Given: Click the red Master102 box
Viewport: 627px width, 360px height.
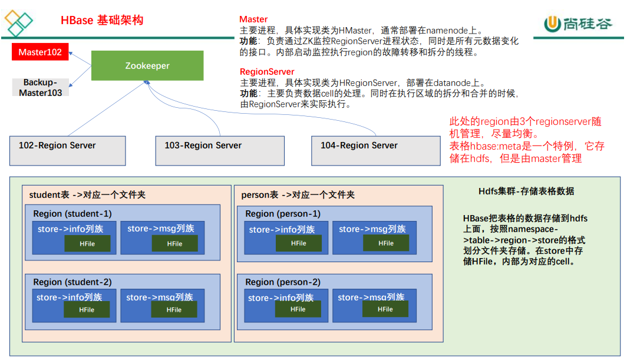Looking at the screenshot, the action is [x=40, y=52].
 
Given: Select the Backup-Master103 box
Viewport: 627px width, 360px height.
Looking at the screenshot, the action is [x=41, y=87].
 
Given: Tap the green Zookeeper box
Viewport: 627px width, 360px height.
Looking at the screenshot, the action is [x=147, y=65].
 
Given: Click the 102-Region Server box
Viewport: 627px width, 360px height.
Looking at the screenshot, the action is [x=68, y=151].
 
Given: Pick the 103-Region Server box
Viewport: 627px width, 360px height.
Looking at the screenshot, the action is [x=220, y=151].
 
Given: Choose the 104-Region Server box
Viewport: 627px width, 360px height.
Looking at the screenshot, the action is [x=376, y=151].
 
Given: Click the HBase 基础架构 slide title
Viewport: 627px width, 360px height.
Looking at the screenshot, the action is [x=102, y=20].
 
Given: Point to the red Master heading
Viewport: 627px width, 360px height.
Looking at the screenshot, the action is [x=253, y=19].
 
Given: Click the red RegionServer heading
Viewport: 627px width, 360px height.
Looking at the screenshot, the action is [x=267, y=72].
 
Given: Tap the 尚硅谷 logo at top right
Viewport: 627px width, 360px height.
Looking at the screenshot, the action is [x=578, y=24].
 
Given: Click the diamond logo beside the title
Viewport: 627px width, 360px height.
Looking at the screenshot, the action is [x=18, y=23].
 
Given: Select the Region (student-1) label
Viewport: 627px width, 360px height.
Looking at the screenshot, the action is [x=72, y=214].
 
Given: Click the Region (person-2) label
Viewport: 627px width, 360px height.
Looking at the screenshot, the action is [x=283, y=282].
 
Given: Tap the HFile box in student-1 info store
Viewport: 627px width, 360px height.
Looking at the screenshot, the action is [x=87, y=243].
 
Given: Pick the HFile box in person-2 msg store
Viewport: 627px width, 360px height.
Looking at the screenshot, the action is [x=385, y=309].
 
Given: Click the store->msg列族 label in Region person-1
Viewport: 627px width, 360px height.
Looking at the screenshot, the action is [x=372, y=229].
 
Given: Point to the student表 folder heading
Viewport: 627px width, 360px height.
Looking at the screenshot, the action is [x=87, y=195].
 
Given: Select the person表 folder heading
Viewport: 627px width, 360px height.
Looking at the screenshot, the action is [x=298, y=195].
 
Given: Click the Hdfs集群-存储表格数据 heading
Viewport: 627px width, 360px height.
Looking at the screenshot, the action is [x=526, y=191].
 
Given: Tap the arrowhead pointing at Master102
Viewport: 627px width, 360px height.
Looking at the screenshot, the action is [x=71, y=53].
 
